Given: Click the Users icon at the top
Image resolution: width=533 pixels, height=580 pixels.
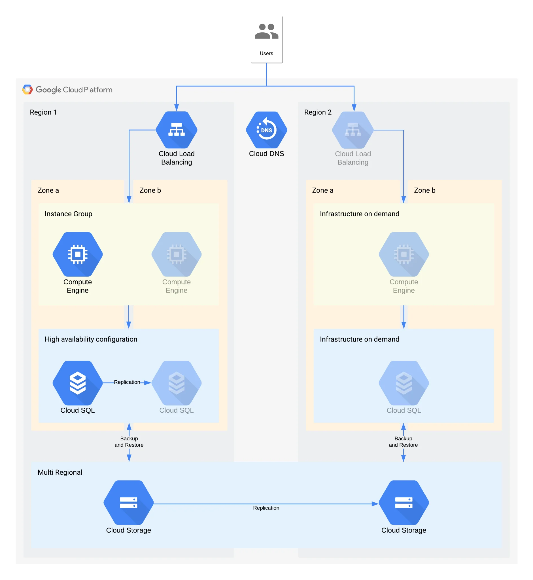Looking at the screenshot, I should [x=266, y=31].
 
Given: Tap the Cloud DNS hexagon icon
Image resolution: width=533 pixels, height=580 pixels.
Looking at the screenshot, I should [x=266, y=130].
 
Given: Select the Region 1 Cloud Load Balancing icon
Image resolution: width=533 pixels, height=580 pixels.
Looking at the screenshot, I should [x=177, y=130].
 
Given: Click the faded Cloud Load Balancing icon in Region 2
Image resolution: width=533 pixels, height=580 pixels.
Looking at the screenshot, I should [x=353, y=130].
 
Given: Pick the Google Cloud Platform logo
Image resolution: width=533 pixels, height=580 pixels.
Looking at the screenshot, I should [x=28, y=90].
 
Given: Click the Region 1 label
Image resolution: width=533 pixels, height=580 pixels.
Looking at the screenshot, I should [x=43, y=112].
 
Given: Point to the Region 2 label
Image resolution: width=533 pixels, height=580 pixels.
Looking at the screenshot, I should [x=318, y=112].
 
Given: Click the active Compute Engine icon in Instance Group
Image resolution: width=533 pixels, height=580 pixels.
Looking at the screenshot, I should [x=78, y=254].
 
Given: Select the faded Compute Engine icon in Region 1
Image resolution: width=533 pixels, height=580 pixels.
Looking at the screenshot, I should [x=177, y=254].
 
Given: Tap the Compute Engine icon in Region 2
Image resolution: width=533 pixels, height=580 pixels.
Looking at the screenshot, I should [x=404, y=254].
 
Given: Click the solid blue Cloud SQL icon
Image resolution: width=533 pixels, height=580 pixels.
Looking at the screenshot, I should [x=78, y=383].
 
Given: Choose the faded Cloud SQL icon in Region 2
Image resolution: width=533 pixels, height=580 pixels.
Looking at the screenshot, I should [x=404, y=383].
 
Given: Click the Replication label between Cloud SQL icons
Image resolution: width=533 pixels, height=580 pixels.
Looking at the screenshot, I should [x=127, y=382].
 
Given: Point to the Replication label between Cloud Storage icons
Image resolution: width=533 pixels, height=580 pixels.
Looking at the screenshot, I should [x=266, y=508].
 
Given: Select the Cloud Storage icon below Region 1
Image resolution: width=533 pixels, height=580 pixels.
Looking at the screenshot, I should [x=129, y=502].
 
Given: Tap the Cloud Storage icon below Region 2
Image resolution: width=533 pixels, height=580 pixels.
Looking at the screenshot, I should [x=404, y=502].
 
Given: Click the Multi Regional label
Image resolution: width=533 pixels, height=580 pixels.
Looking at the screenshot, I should [x=60, y=472].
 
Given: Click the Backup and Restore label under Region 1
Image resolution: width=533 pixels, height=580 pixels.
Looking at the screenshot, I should [x=129, y=441].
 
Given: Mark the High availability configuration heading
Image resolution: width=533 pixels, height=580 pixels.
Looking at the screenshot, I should [x=91, y=339].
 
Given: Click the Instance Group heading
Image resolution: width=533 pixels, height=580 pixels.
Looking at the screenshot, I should [x=68, y=214].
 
